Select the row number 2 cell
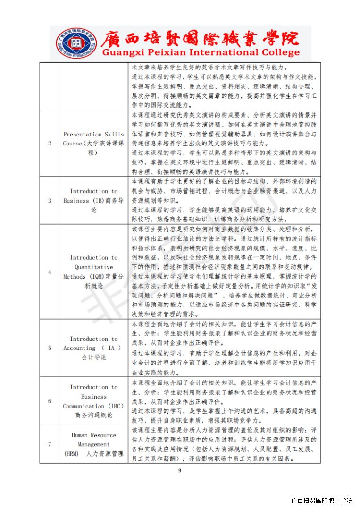[50, 144]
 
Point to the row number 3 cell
[50, 201]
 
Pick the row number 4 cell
[50, 272]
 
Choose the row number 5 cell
[50, 348]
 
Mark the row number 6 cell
[50, 401]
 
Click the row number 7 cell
[50, 444]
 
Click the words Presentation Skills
[93, 134]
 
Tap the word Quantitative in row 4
[94, 267]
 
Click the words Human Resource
[93, 435]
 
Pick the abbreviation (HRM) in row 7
[71, 454]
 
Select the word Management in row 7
[93, 444]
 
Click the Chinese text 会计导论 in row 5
[94, 357]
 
